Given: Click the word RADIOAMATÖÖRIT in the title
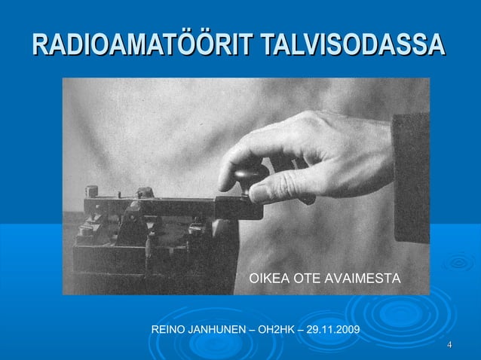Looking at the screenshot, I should click(142, 45).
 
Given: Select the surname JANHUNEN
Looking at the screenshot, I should click(219, 331).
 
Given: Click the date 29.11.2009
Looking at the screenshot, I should click(331, 331).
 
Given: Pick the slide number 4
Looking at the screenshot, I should click(449, 346).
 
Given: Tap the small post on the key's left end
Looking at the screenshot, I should click(91, 192).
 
